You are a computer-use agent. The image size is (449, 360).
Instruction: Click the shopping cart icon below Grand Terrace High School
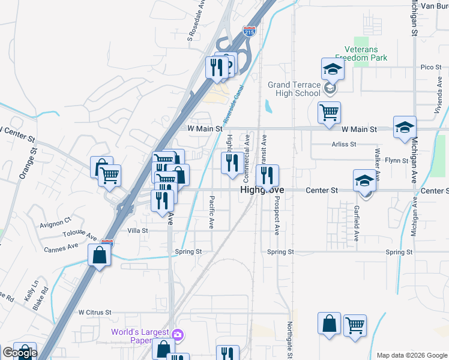pos(329,112)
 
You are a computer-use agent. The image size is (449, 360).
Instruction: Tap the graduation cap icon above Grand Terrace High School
pos(332,69)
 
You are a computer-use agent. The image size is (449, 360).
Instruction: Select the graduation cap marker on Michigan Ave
pos(405,127)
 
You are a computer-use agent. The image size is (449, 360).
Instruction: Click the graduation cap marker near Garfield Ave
pos(364,180)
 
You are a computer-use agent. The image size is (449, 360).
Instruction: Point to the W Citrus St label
pos(95,313)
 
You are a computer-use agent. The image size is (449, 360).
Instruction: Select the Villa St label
pos(137,230)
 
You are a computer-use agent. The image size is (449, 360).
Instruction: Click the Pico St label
pos(431,67)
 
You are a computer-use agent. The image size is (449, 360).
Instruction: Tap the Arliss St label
pos(344,145)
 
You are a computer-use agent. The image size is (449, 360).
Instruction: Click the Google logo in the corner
pos(19,353)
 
